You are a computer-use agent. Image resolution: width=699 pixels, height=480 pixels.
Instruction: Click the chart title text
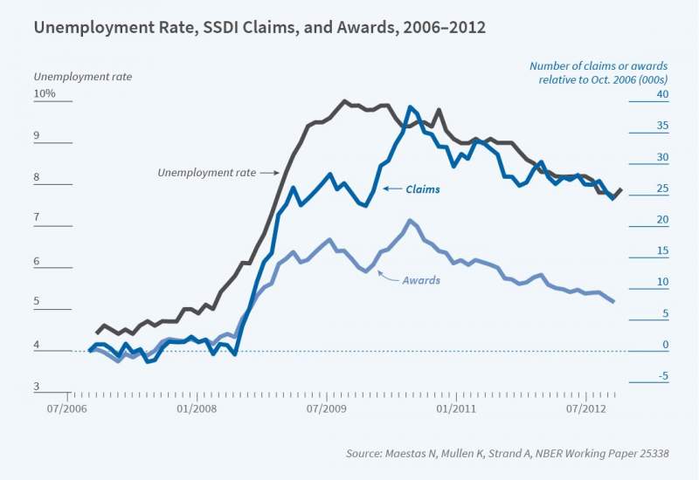tap(260, 27)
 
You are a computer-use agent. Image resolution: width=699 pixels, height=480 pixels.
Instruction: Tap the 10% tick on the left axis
tap(45, 93)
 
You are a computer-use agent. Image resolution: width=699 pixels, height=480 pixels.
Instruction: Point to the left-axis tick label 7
tap(38, 216)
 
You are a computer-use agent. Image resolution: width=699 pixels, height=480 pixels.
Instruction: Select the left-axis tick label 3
tap(38, 387)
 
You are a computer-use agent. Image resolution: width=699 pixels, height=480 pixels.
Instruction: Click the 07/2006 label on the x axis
tap(69, 408)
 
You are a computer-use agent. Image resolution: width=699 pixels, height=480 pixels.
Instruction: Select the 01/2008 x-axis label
tap(197, 408)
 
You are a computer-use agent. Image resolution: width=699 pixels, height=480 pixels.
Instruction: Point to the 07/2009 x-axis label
tap(325, 408)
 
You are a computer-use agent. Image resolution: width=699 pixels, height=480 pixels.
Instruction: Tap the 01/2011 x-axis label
tap(454, 408)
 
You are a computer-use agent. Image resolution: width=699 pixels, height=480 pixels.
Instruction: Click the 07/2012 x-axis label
tap(586, 408)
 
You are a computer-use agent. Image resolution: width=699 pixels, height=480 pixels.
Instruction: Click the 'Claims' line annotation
tap(424, 189)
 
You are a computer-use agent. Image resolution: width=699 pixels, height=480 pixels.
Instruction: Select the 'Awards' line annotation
tap(421, 280)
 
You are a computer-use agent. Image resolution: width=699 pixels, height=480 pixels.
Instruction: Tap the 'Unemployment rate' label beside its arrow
tap(206, 173)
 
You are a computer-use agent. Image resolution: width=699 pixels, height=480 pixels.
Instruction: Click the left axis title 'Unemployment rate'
tap(82, 77)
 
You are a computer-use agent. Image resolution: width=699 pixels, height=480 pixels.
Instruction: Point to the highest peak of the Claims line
tap(410, 107)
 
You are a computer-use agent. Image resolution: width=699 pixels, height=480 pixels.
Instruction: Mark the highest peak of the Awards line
tap(410, 220)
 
